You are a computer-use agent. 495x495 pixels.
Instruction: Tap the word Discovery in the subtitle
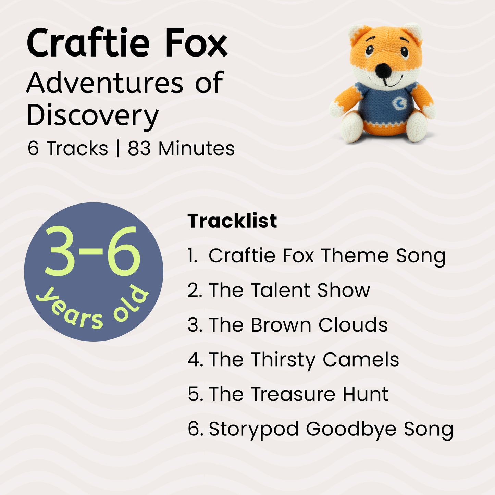click(x=92, y=115)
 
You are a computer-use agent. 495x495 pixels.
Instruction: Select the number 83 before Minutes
click(x=139, y=149)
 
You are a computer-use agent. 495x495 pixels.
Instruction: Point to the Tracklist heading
click(x=232, y=221)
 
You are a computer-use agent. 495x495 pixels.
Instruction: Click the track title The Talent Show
click(x=289, y=290)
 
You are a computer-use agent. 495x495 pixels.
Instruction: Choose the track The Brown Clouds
click(x=298, y=325)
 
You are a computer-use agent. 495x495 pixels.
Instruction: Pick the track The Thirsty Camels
click(x=304, y=360)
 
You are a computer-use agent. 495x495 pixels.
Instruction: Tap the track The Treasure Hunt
click(x=298, y=394)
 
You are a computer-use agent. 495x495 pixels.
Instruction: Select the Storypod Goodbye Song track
click(x=331, y=429)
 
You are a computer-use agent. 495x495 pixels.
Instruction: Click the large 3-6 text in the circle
click(x=92, y=252)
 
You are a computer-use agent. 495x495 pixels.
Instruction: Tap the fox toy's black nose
click(x=382, y=70)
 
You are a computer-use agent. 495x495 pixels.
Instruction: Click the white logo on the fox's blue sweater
click(x=399, y=103)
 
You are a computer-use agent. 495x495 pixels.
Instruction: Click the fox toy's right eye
click(x=405, y=52)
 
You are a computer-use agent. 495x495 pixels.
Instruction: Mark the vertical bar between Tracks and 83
click(x=118, y=149)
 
